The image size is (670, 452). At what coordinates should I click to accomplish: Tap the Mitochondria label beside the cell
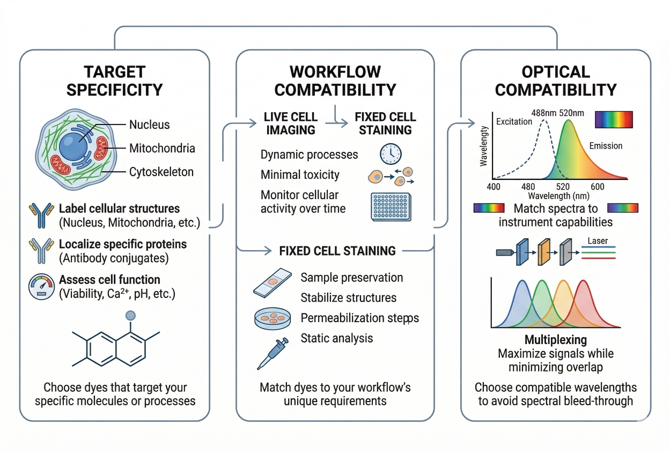coord(162,148)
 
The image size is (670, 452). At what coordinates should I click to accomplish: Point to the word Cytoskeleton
coord(161,172)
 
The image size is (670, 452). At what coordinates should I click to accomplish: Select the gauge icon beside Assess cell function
coord(41,286)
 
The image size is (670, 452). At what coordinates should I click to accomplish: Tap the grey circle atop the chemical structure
coord(130,316)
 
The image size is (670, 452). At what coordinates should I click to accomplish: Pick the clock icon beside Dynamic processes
coord(390,154)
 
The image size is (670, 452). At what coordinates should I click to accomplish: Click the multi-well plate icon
coord(390,206)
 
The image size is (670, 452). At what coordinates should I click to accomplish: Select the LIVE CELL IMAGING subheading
coord(290,123)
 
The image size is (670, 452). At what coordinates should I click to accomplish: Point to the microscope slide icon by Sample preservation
coord(273,283)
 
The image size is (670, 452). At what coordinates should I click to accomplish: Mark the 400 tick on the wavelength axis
coord(493,186)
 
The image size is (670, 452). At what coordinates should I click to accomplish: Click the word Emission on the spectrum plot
coord(606,145)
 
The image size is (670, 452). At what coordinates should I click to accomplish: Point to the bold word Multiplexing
coord(555,340)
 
